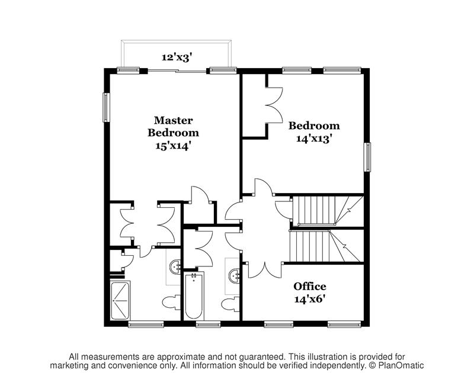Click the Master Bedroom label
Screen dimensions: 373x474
[173, 126]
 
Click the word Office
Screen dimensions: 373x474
[310, 287]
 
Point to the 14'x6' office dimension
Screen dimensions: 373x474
[310, 299]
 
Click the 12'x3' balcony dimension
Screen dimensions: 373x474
[176, 57]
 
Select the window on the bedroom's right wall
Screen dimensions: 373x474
[367, 157]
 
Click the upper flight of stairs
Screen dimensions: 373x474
[317, 210]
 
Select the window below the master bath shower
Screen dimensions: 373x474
[146, 324]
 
